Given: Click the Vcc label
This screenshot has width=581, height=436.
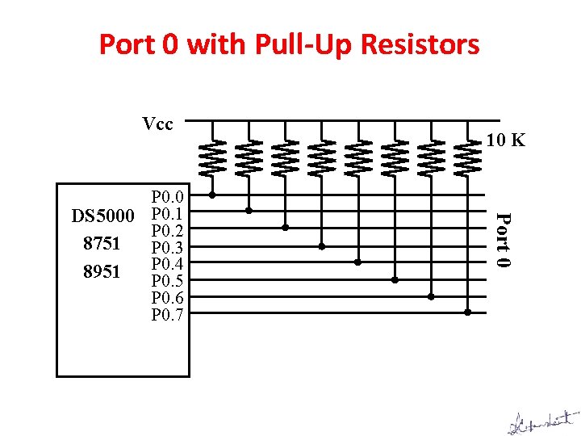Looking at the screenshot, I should tap(157, 124).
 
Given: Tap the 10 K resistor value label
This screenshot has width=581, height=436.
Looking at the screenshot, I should tap(506, 140).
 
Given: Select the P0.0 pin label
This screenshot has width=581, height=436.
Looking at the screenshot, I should tap(169, 197).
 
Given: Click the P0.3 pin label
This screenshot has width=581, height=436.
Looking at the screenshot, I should tap(169, 247).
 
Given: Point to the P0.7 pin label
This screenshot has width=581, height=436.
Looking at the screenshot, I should tap(169, 314).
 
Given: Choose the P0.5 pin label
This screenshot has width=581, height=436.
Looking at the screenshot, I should tap(169, 281).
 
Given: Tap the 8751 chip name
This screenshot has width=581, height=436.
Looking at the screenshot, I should tap(102, 243).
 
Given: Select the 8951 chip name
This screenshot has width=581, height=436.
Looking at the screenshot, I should tap(102, 272).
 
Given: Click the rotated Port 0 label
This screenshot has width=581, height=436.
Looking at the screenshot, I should tap(502, 240).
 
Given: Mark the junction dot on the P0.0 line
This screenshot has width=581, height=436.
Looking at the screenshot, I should tap(212, 195).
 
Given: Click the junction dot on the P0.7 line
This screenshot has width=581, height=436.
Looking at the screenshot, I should tap(468, 312).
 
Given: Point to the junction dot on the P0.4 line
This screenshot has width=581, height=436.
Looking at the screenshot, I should tap(358, 262).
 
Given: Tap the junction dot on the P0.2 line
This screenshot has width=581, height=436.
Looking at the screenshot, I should tap(285, 228).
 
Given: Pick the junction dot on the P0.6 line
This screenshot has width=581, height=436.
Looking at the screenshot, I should tap(431, 296).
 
